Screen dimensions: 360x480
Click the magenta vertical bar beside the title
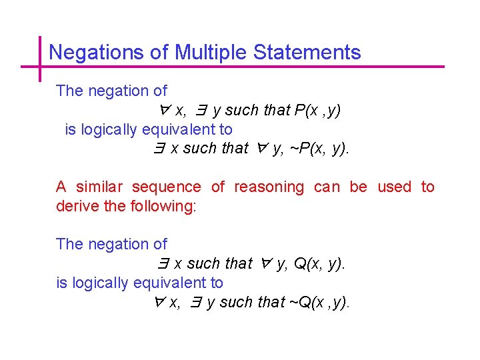click(40, 59)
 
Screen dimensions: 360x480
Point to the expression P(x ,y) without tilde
click(317, 110)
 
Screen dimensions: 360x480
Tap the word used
click(394, 187)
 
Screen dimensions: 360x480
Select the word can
click(327, 187)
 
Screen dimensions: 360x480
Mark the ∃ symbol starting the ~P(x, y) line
click(159, 148)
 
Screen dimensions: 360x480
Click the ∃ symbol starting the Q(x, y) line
click(163, 263)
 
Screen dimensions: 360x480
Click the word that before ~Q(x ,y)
click(271, 302)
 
